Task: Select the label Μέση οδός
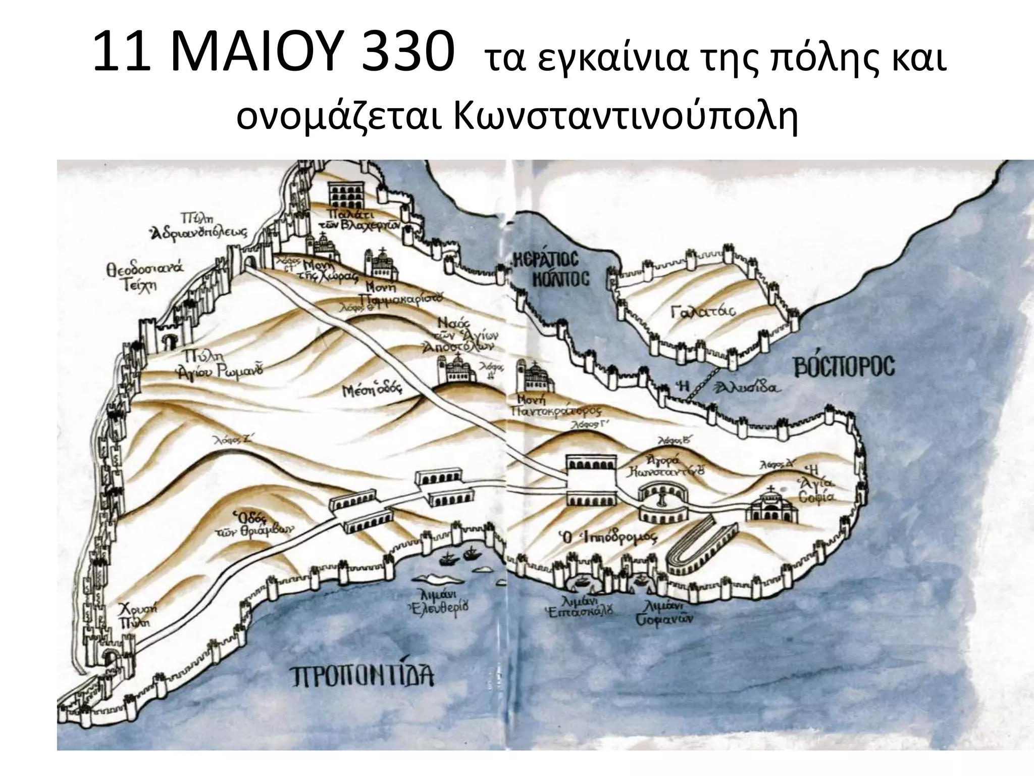pyautogui.click(x=371, y=390)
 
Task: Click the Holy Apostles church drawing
pyautogui.click(x=456, y=376)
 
